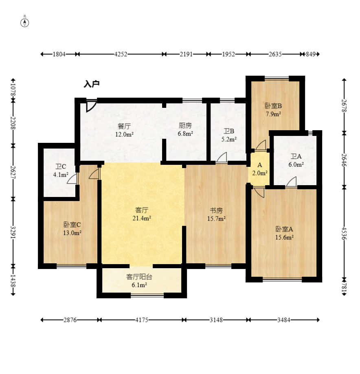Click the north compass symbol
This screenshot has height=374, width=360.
(x=24, y=23)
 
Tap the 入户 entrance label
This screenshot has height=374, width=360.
(x=92, y=84)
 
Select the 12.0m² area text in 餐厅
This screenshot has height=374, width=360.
(x=124, y=134)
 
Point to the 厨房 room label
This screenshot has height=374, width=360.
(x=185, y=125)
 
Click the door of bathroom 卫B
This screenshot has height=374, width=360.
(x=222, y=157)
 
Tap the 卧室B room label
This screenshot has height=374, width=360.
(x=273, y=106)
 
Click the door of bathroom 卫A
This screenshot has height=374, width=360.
(x=292, y=182)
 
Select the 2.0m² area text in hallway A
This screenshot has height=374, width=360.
(x=260, y=173)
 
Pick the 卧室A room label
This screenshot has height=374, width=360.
(x=284, y=229)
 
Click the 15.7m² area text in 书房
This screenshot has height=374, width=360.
(x=217, y=218)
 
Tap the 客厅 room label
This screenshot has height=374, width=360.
(x=142, y=210)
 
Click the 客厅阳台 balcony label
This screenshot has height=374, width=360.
(x=139, y=277)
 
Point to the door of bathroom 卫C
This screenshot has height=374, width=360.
(x=72, y=178)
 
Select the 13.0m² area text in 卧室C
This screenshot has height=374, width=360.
(x=72, y=233)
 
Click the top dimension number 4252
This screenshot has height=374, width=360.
(x=121, y=54)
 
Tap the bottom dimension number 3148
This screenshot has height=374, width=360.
(x=216, y=320)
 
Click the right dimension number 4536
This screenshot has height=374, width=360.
(x=344, y=233)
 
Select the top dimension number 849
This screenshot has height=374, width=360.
(x=311, y=54)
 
